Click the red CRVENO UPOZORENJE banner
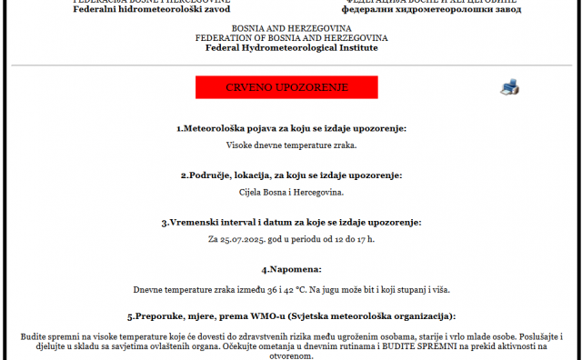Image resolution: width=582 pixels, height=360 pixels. pos(286,88)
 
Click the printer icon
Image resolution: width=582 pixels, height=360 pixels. pos(510,87)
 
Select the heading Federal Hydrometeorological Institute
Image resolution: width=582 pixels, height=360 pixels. pos(291,47)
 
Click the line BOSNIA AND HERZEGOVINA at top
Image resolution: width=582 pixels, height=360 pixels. pos(291,28)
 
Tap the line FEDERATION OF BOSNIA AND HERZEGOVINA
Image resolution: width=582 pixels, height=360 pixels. pos(291,37)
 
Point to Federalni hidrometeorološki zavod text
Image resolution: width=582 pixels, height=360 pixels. pos(152,8)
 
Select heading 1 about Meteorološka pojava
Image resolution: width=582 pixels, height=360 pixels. pos(291,128)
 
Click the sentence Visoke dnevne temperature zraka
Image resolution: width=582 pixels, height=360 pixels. pos(291,145)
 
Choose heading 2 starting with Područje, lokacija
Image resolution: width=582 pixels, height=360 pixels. pos(291,175)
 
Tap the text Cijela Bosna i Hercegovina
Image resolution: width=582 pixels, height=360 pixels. pos(291,192)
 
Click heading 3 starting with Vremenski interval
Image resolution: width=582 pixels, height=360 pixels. pos(291,222)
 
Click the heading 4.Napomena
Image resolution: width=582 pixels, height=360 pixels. pos(291,269)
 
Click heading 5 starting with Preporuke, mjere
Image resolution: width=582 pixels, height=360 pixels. pos(291,316)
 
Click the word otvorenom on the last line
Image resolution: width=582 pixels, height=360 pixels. pos(291,356)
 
